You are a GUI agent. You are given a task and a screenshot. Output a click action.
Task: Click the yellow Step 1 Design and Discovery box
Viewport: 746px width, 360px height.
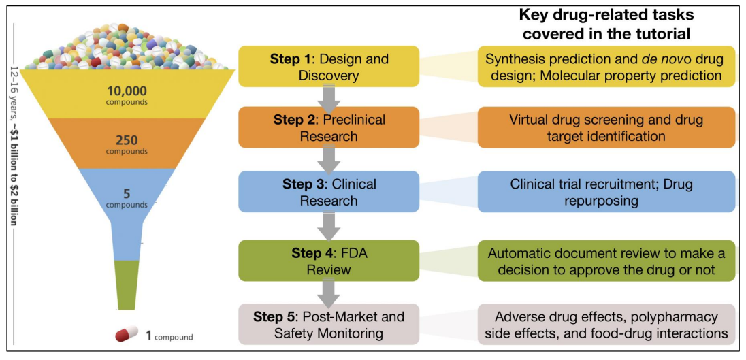point(328,67)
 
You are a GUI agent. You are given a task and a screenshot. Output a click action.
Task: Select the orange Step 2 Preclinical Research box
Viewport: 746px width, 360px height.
point(328,127)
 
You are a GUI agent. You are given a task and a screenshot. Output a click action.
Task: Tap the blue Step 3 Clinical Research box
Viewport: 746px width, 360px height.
point(328,192)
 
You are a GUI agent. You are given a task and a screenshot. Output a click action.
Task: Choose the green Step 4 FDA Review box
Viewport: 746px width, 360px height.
point(328,261)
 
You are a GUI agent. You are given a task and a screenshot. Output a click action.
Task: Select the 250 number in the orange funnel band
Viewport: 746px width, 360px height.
point(127,140)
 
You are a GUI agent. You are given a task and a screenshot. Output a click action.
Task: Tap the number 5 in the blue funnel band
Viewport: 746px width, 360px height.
point(127,193)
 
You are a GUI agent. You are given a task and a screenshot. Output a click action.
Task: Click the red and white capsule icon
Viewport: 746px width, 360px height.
point(127,336)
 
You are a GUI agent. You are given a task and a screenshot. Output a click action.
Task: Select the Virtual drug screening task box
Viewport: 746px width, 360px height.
point(606,127)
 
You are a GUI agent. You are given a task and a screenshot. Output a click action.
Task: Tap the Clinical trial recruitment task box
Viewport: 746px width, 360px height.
point(606,192)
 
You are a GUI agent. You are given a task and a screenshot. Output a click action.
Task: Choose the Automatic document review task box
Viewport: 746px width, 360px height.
point(606,261)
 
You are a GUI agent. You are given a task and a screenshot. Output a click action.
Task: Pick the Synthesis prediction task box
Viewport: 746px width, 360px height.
point(606,67)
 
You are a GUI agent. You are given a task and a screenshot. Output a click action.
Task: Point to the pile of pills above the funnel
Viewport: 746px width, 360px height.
point(126,48)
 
